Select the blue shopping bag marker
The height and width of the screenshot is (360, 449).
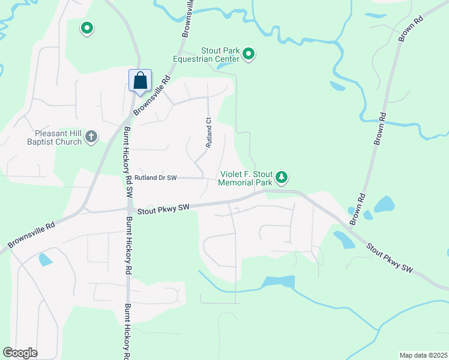click(140, 80)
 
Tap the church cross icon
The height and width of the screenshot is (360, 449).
click(91, 137)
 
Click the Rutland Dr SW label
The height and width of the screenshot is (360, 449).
click(155, 178)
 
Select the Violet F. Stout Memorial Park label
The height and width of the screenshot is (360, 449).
click(246, 177)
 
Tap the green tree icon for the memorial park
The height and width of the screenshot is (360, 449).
click(282, 177)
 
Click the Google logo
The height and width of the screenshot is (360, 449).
click(20, 353)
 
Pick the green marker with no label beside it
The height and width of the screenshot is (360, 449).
click(87, 28)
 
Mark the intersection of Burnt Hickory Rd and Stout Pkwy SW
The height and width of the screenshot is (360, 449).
click(129, 209)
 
